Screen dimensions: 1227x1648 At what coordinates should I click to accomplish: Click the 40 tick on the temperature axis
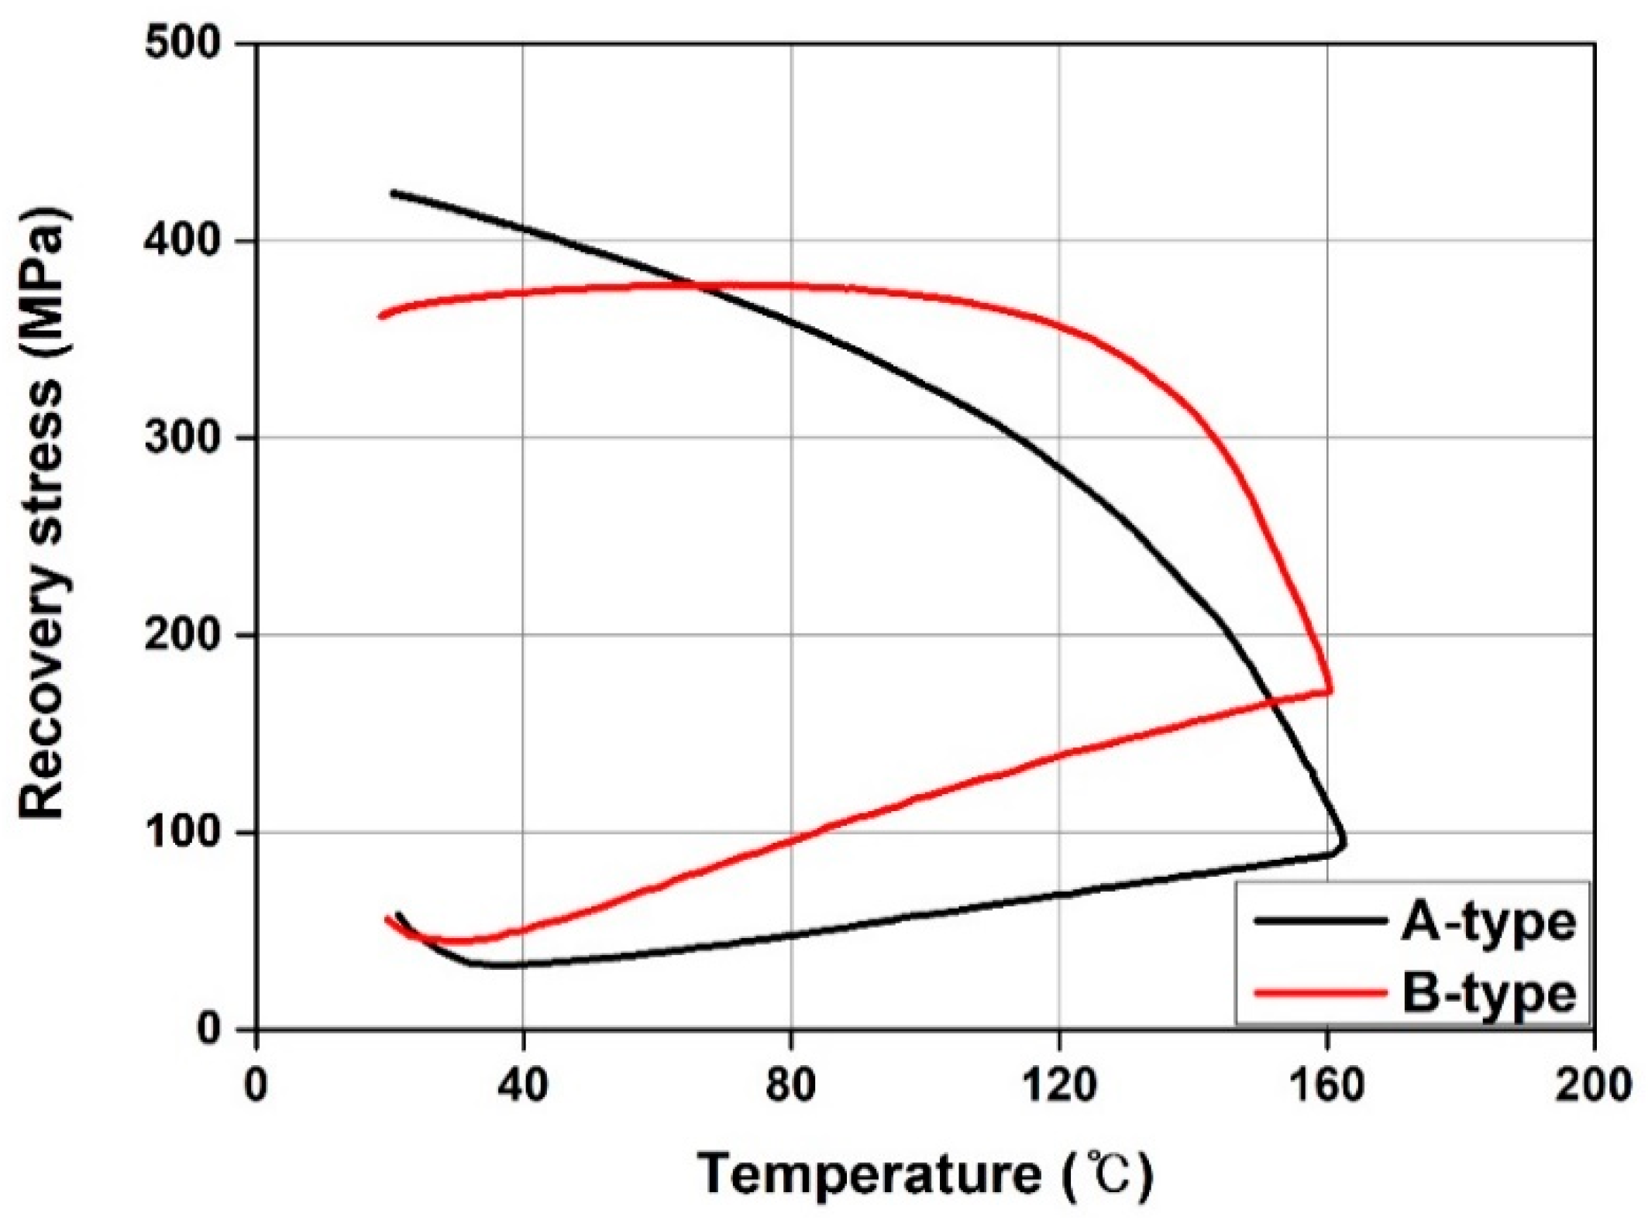[524, 1086]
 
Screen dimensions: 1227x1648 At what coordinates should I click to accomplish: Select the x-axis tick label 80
[791, 1086]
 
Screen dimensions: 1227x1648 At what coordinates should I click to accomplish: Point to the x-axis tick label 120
[1059, 1086]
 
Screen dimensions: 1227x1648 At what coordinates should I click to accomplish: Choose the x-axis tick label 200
[1593, 1086]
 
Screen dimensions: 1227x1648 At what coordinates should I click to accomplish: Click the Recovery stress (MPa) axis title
[43, 513]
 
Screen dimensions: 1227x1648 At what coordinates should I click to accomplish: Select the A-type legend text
[1488, 923]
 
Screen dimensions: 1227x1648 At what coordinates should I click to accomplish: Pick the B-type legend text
[1488, 994]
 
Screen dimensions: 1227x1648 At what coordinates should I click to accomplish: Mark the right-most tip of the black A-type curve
[1344, 842]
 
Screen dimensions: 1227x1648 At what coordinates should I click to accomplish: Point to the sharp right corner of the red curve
[1331, 689]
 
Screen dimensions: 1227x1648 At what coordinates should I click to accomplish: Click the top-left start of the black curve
[393, 193]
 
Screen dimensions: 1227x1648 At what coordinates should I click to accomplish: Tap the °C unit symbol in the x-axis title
[1110, 1175]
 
